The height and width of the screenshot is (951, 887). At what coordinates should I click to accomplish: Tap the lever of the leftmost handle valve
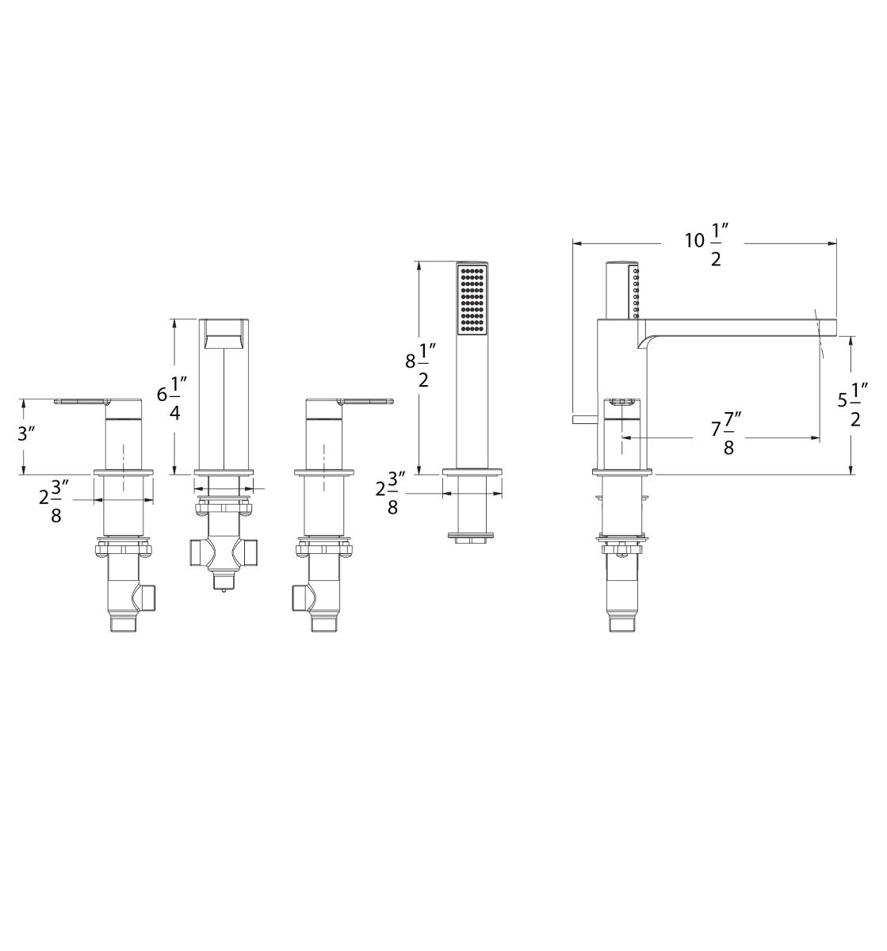(79, 401)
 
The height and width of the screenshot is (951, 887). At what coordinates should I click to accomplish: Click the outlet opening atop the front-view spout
(224, 334)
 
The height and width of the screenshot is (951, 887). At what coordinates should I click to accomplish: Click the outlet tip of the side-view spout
(828, 325)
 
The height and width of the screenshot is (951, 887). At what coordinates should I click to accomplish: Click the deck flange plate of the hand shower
(472, 474)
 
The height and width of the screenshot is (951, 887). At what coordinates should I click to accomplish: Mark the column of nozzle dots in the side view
(635, 293)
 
